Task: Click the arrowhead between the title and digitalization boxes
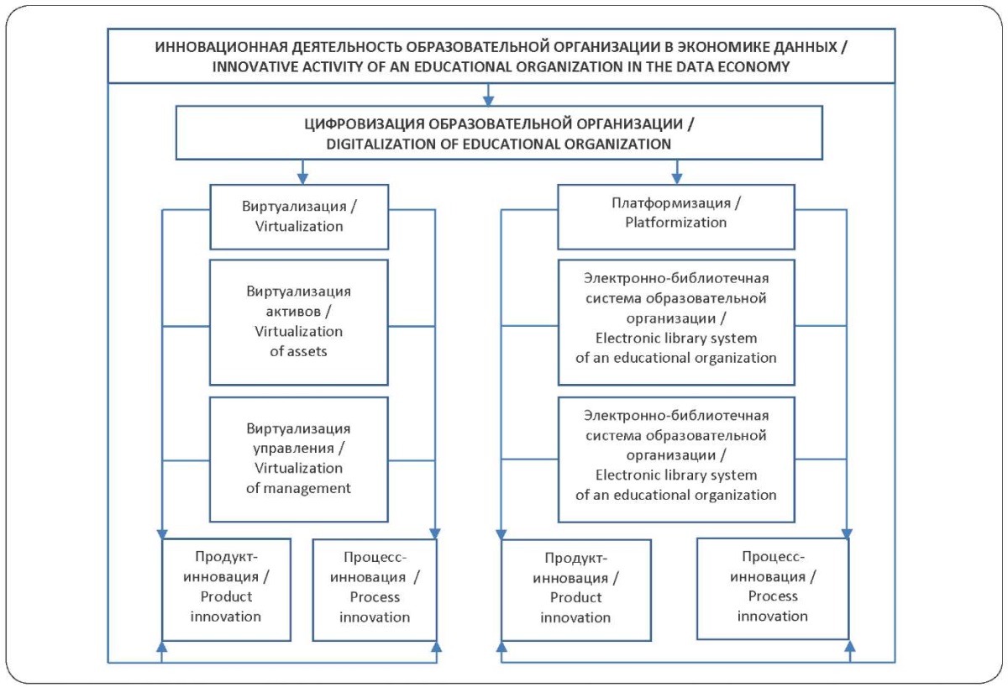click(x=488, y=101)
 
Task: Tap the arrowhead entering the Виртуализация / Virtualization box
click(x=302, y=179)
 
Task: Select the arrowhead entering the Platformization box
click(x=677, y=179)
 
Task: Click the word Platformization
click(x=676, y=223)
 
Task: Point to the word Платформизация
click(x=671, y=203)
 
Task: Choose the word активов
click(x=293, y=312)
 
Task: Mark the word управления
click(x=293, y=449)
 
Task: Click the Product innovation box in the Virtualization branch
click(x=226, y=590)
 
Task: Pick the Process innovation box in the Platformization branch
click(x=773, y=589)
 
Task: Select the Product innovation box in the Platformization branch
click(x=576, y=590)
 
